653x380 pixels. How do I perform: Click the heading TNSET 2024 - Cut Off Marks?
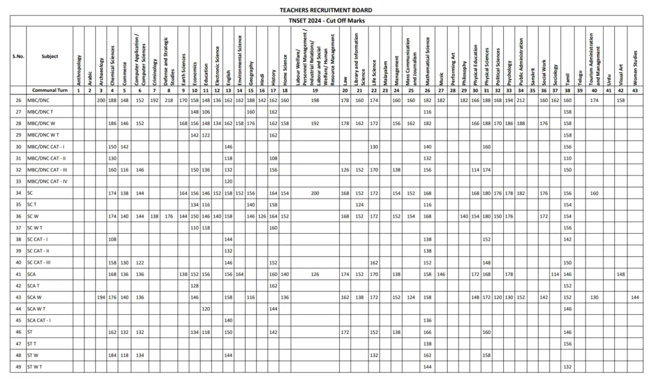point(326,22)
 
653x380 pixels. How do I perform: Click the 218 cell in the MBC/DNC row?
point(168,100)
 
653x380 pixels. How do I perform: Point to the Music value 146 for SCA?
point(441,274)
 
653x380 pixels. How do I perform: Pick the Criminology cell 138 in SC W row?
point(154,216)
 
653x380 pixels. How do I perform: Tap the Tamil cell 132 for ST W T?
point(567,367)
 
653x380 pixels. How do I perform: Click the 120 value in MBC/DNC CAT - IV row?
point(228,181)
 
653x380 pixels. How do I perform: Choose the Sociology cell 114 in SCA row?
point(555,274)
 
